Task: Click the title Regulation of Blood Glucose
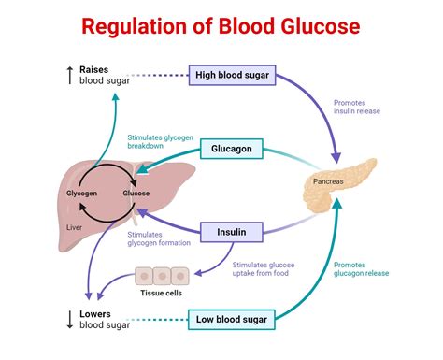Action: pos(221,25)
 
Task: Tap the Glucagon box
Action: pos(230,149)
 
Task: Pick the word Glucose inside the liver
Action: pos(136,194)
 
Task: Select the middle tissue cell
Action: pos(162,275)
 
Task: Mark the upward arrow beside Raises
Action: pos(68,76)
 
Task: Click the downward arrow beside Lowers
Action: pos(68,319)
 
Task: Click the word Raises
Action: pos(94,69)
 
